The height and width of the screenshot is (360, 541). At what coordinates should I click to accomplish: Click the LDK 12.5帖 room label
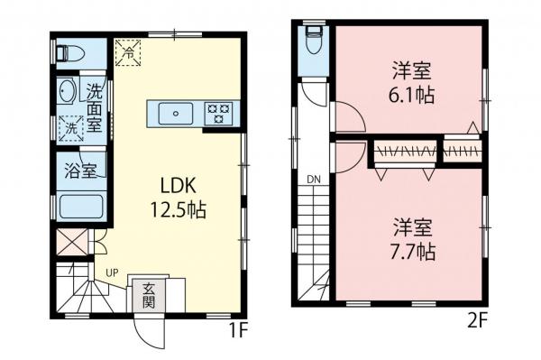[x=184, y=198]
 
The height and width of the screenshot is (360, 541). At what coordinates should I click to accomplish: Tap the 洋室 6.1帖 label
[x=413, y=82]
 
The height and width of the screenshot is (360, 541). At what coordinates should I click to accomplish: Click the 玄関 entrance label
[x=147, y=296]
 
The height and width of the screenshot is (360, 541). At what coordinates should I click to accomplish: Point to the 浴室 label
[x=80, y=171]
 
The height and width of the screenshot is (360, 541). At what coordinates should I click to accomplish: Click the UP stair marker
[x=112, y=272]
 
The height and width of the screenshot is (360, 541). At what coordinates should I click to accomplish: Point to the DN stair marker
[x=314, y=180]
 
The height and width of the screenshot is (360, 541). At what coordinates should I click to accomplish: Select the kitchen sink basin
[x=176, y=114]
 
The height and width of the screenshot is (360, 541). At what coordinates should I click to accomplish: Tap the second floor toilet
[x=313, y=39]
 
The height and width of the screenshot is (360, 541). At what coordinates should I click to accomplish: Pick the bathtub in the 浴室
[x=79, y=208]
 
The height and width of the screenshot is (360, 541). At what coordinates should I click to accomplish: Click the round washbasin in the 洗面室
[x=66, y=91]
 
